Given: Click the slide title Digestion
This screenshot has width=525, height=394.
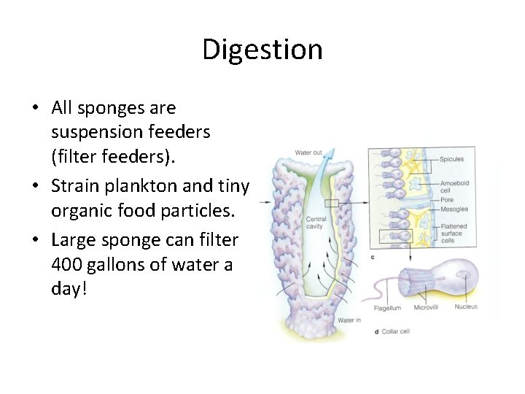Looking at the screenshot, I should [x=262, y=50].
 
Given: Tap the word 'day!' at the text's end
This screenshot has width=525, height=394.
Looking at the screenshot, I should [x=69, y=290].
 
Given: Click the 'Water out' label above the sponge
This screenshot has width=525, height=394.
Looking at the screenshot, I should [x=308, y=152].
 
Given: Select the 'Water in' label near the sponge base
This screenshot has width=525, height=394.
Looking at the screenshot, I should [x=350, y=320].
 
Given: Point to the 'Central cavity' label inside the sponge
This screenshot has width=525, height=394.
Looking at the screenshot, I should [x=316, y=223].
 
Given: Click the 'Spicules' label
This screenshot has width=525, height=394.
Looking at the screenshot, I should [x=451, y=159].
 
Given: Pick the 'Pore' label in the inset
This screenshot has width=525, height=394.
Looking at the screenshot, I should [x=447, y=199].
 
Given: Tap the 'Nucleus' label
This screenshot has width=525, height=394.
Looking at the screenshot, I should [x=466, y=307].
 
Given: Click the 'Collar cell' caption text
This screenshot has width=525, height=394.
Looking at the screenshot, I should [x=396, y=332].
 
